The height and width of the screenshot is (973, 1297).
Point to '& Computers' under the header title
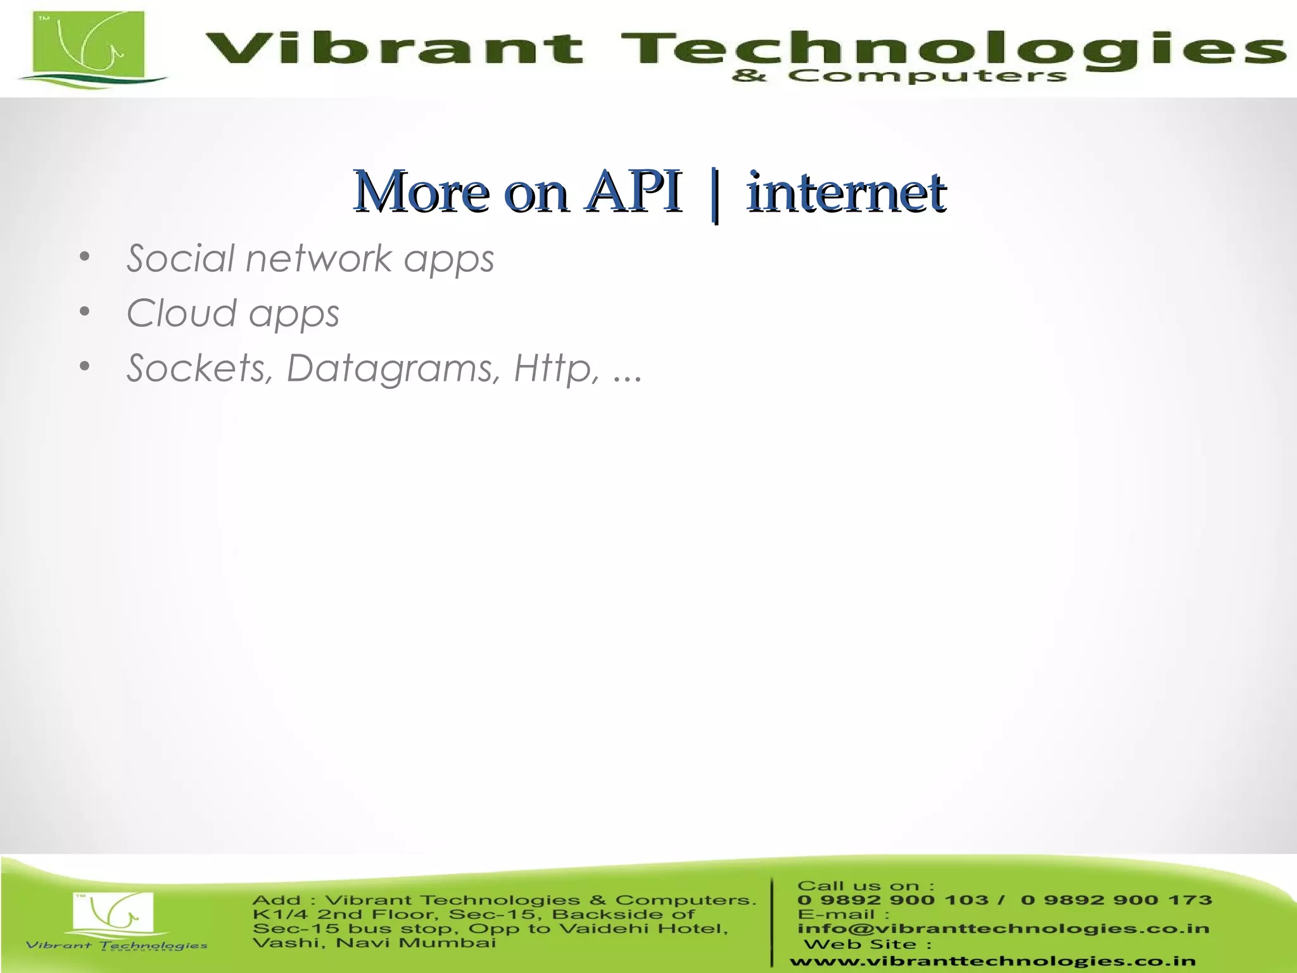(899, 77)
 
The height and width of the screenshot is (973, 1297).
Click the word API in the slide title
(633, 191)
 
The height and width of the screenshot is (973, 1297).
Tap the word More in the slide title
(421, 191)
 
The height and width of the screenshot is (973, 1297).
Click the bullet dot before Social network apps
(85, 257)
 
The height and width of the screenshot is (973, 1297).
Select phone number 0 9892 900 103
(892, 900)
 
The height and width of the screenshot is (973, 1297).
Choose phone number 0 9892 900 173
(1116, 900)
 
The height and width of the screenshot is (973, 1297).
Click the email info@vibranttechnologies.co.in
(1003, 929)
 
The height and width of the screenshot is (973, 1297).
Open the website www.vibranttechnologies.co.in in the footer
(992, 962)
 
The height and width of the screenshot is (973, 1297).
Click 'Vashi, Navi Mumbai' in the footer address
(374, 943)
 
